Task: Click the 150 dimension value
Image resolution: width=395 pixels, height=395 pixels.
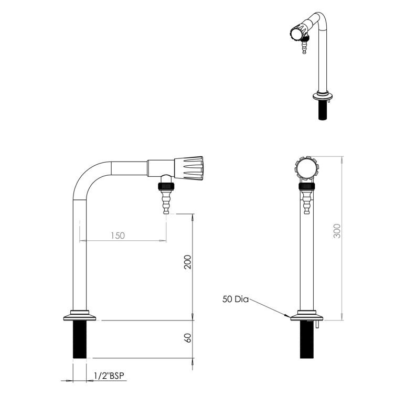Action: pos(118,236)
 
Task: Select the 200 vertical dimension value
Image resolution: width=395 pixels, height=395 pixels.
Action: pos(187,262)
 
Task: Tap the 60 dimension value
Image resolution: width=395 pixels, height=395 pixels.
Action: pos(187,338)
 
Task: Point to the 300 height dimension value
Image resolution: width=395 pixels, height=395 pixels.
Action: pos(337,231)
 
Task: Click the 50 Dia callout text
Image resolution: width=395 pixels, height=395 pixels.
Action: pos(235,300)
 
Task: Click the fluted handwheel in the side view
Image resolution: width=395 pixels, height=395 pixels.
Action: pos(189,167)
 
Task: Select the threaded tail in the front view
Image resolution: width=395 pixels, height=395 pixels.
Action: pos(307,340)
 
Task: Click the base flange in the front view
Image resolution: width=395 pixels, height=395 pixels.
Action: pos(307,316)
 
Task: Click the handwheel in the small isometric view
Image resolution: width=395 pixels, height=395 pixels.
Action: pos(296,35)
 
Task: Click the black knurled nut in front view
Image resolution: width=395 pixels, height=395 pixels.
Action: pos(306,186)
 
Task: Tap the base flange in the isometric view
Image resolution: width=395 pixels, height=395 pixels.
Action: pos(322,96)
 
